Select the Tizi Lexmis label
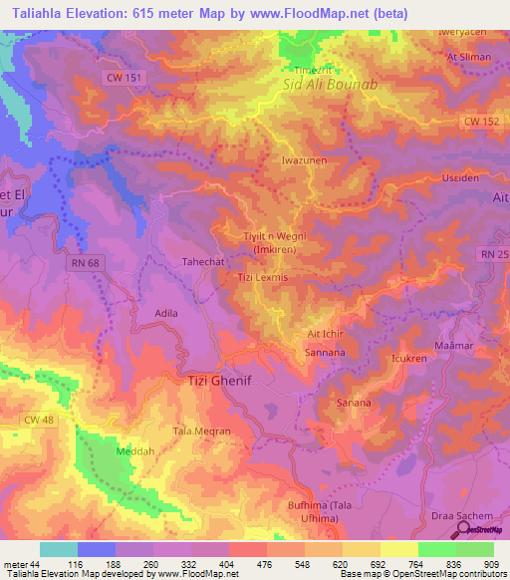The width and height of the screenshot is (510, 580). click(262, 278)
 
